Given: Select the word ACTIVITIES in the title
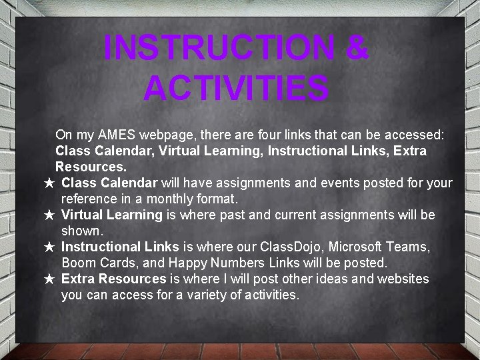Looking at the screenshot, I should (x=236, y=87).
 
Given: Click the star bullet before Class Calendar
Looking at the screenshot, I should (x=49, y=183).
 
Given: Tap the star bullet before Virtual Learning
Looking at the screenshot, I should (x=49, y=215).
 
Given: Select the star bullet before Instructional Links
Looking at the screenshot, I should (x=49, y=247).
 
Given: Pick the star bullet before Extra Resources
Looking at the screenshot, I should (x=49, y=279).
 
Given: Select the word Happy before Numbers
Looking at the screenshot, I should (x=189, y=263).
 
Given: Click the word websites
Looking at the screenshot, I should (x=403, y=279).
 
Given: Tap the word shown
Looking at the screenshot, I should (x=82, y=231).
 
